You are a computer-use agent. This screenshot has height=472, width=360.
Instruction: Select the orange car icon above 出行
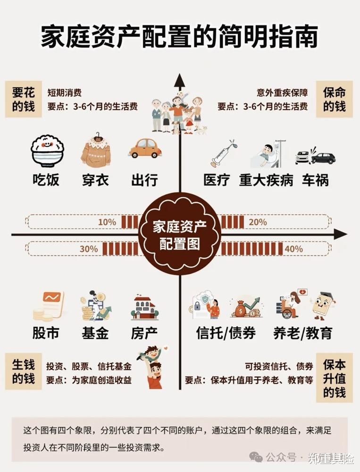[x=145, y=148]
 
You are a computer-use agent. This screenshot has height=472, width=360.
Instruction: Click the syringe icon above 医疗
[x=223, y=153]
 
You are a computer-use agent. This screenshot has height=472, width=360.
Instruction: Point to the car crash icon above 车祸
[x=315, y=157]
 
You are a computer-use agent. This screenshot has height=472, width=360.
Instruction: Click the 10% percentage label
[x=107, y=222]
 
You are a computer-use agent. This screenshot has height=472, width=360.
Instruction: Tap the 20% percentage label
[x=257, y=222]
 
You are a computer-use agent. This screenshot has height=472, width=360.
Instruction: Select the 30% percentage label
[x=89, y=248]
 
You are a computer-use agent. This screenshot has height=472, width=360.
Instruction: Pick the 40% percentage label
[x=293, y=248]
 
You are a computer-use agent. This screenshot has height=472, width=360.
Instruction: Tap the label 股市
[x=46, y=333]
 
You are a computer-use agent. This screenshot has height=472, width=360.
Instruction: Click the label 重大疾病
[x=266, y=180]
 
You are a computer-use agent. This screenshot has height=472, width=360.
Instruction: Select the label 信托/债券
[x=226, y=333]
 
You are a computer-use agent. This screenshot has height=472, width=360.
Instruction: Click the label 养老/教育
[x=302, y=333]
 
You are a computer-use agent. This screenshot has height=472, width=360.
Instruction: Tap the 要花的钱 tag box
[x=23, y=99]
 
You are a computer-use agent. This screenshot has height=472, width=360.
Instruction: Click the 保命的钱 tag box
[x=335, y=99]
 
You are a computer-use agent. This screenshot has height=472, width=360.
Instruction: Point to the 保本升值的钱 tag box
[x=335, y=378]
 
